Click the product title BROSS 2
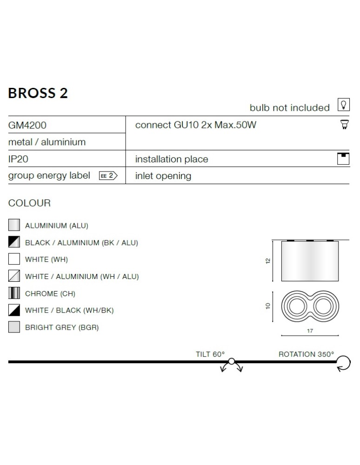tap(38, 93)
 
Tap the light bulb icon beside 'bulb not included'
tap(343, 105)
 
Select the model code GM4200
tap(27, 125)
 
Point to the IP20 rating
tap(19, 159)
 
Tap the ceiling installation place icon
tap(343, 158)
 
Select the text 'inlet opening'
tap(163, 176)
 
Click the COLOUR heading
tap(29, 203)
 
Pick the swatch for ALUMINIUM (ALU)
tap(14, 226)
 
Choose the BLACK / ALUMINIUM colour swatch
tap(14, 242)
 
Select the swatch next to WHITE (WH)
tap(14, 259)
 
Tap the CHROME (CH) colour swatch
tap(14, 293)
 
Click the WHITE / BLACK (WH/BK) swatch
tap(14, 310)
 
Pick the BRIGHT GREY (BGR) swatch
tap(14, 327)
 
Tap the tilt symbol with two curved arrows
tap(232, 364)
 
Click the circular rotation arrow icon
tap(343, 363)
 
